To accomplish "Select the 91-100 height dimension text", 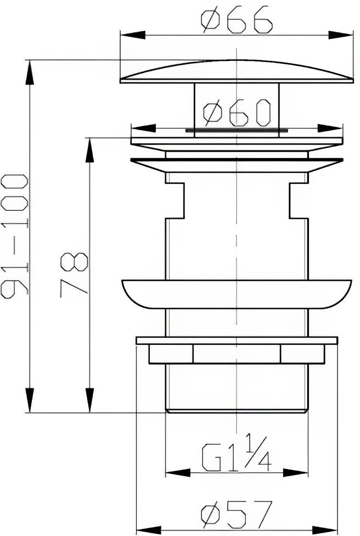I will [x=14, y=236].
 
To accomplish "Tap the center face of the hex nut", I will [x=237, y=354].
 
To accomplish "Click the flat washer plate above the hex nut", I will [x=236, y=340].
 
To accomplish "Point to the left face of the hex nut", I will [x=171, y=354].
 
